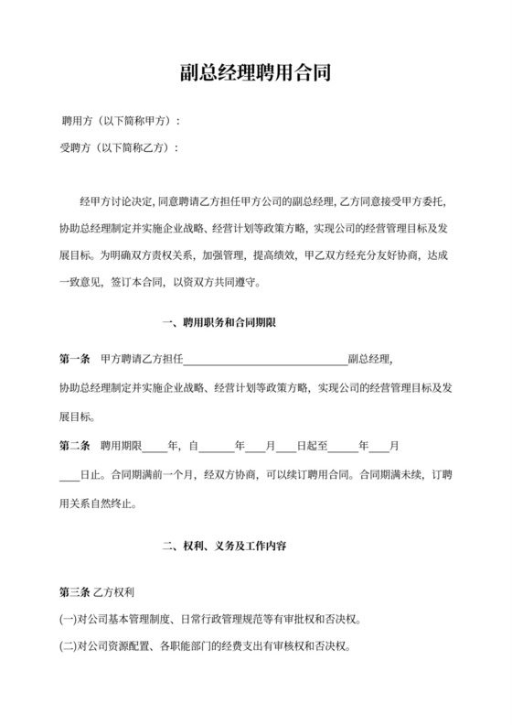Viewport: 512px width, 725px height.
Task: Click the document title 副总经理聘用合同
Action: point(255,74)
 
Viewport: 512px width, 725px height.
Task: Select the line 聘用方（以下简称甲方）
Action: point(119,122)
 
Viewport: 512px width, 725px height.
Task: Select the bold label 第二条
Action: point(74,448)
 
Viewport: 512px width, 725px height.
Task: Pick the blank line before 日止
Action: point(69,475)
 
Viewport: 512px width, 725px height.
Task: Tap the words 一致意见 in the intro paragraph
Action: point(80,283)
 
